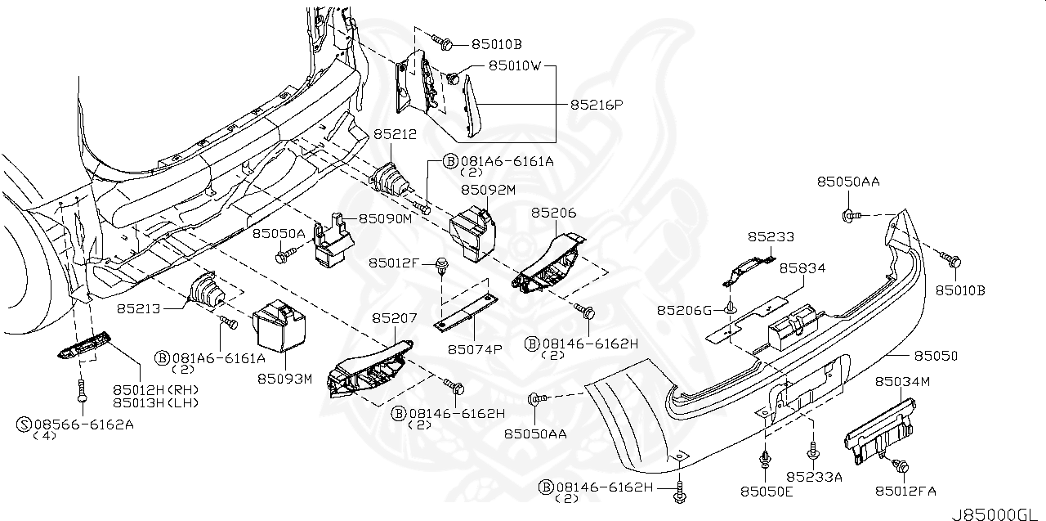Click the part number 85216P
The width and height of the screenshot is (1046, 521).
click(596, 105)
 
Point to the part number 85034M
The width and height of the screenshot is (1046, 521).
click(902, 382)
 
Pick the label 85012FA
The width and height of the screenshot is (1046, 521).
click(905, 491)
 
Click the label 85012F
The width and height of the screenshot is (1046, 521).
click(394, 263)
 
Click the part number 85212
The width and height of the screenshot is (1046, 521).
click(395, 133)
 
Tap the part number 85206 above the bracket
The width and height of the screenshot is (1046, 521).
click(553, 212)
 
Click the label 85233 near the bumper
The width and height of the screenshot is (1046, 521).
click(771, 236)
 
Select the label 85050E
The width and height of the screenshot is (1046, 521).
click(767, 491)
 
